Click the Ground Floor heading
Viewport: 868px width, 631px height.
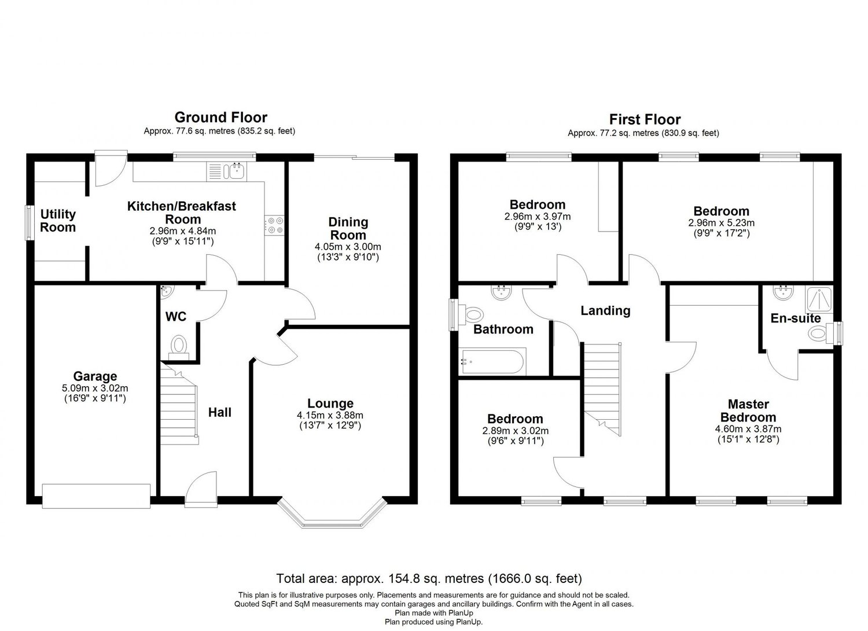tap(221, 117)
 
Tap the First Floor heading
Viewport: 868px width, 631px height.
tap(645, 119)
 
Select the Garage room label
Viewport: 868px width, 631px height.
tap(95, 376)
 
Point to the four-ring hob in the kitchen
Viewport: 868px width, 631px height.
tap(274, 225)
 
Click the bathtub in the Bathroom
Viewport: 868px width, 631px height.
tap(492, 362)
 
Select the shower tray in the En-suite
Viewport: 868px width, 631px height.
tap(819, 300)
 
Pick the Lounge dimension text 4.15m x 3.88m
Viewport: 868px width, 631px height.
tap(330, 415)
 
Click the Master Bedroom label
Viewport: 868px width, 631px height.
tap(748, 410)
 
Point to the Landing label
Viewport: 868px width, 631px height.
tap(605, 310)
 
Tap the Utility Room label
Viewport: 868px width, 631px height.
tap(58, 221)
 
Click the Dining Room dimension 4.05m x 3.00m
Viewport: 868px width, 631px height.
tap(348, 247)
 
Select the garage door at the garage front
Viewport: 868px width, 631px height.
tap(96, 496)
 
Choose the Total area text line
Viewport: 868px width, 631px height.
tap(429, 578)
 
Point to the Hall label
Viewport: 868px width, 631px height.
tap(220, 412)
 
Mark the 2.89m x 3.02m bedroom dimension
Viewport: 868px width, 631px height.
tap(516, 431)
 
